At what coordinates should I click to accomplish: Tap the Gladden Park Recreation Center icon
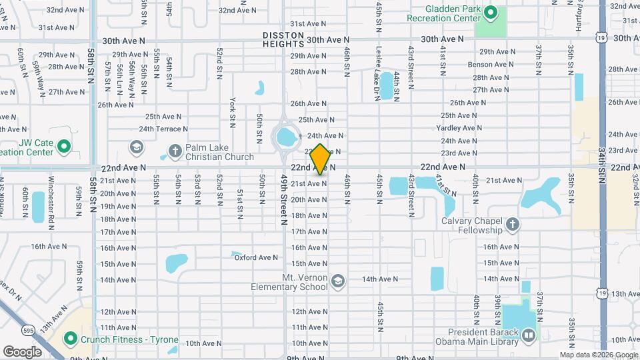point(491,12)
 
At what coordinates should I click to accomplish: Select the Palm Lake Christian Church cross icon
point(175,151)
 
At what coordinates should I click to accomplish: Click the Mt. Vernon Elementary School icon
point(338,280)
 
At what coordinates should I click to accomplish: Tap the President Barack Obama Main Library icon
point(529,335)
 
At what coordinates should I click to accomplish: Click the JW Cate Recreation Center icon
point(64,146)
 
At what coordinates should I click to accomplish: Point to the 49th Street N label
point(284,200)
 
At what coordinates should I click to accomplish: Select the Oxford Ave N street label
point(255,257)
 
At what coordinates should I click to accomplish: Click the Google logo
point(22,351)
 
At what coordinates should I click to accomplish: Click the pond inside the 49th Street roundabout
point(288,139)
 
